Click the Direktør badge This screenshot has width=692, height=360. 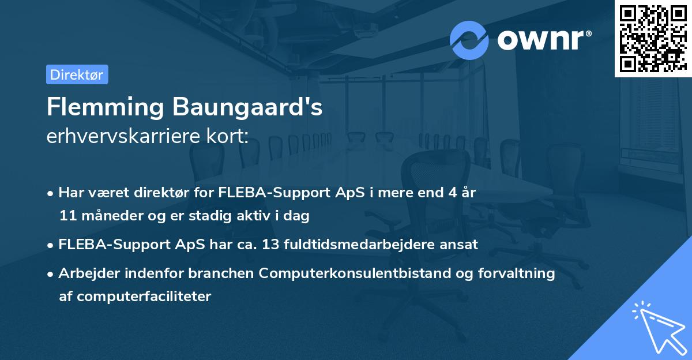point(77,74)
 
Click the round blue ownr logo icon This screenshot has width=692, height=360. point(469,40)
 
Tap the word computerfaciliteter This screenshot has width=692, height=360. point(135,297)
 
